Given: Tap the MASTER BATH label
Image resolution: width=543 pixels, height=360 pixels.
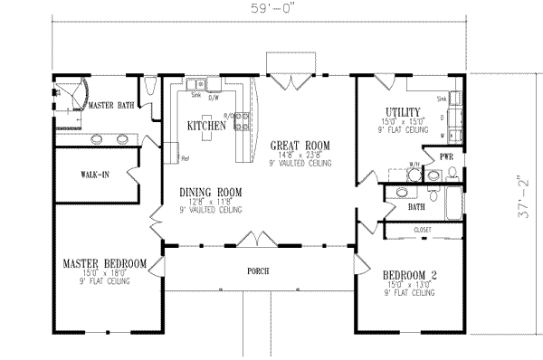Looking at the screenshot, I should [113, 107].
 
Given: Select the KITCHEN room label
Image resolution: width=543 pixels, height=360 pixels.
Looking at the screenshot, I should [205, 127].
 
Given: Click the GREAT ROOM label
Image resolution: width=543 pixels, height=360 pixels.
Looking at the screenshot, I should [300, 145].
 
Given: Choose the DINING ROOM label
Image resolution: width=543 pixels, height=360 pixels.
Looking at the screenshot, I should [207, 192].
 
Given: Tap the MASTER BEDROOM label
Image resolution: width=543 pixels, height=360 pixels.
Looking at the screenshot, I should [104, 263].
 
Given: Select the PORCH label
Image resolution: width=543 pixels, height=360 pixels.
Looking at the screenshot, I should [259, 270].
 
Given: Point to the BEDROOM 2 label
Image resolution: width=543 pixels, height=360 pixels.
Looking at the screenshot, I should [408, 272].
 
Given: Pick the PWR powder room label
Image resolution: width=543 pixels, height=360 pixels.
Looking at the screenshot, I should [445, 156].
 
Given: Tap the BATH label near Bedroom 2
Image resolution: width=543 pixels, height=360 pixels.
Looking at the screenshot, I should [416, 207].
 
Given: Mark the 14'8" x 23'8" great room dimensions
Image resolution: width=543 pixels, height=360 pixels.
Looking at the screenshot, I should [300, 155].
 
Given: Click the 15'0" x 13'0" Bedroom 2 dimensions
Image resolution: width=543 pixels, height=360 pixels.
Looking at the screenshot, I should [408, 282].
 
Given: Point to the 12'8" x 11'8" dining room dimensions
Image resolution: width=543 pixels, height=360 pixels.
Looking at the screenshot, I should [207, 202].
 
